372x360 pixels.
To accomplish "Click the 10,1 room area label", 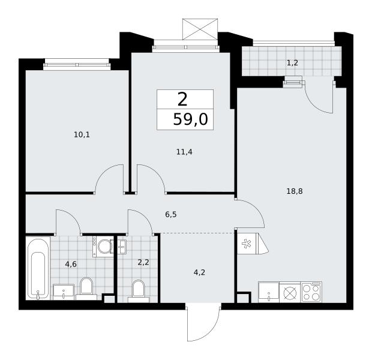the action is [x=82, y=135].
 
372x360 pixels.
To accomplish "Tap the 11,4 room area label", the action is [x=184, y=152].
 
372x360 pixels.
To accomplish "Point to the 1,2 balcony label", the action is [x=293, y=63].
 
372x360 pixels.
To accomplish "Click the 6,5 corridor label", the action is [x=171, y=215].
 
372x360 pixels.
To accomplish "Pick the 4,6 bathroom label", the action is [x=71, y=264].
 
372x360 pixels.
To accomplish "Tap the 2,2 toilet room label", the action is [x=143, y=262].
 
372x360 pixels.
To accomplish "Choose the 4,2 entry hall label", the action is [x=199, y=272].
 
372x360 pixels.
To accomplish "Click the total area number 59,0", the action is [x=191, y=119].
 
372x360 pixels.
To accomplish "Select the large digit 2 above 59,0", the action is [x=182, y=100].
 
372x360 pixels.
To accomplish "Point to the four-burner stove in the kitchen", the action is [x=311, y=292].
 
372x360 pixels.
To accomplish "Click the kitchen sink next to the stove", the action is [x=269, y=292].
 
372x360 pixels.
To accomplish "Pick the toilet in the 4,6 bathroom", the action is [x=86, y=289].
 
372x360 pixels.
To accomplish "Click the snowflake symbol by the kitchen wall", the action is [x=246, y=244].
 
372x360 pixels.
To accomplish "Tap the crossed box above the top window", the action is [x=200, y=29].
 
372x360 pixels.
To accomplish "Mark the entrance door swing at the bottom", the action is [x=203, y=323].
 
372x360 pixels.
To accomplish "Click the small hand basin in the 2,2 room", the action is [x=122, y=247].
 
